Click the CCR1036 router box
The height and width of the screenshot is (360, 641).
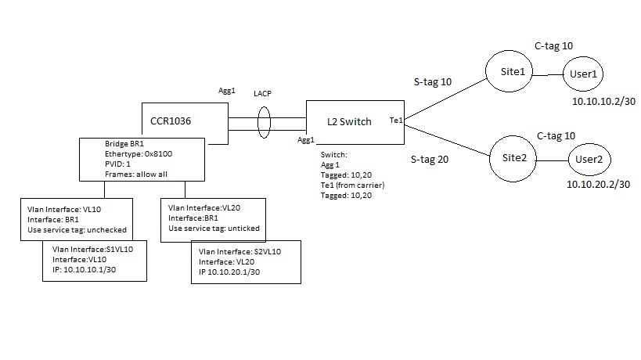point(184,121)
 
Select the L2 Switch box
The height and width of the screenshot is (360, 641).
point(354,122)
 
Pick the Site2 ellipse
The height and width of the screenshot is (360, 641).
point(513,158)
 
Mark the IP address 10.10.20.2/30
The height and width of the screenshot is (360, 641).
point(599,185)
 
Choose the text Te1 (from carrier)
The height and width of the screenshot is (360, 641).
point(352,185)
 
